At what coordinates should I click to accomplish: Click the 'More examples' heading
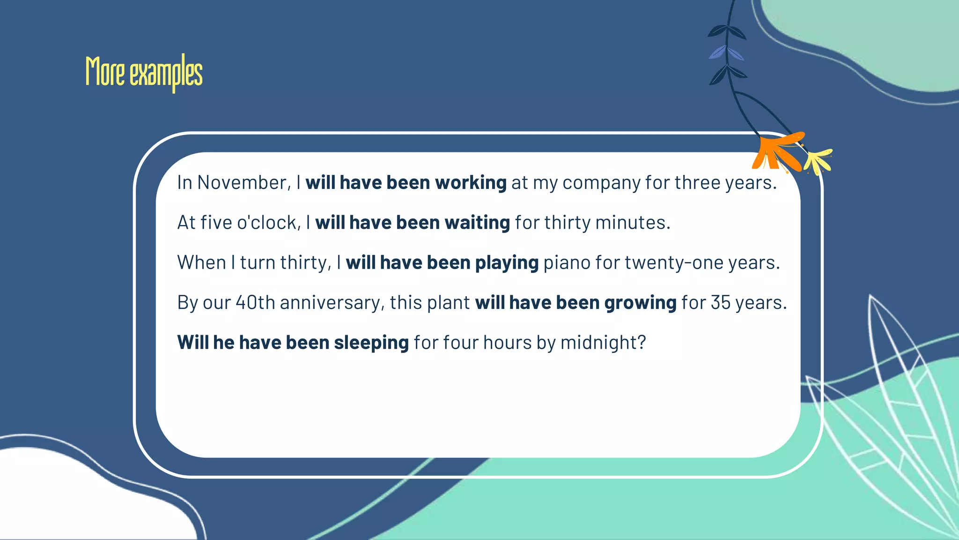pyautogui.click(x=144, y=73)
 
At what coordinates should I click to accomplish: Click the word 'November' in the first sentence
pyautogui.click(x=242, y=182)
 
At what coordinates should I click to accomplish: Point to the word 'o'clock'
pyautogui.click(x=266, y=223)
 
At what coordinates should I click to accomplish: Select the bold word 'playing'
pyautogui.click(x=507, y=263)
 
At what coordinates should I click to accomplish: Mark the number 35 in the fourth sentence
pyautogui.click(x=721, y=302)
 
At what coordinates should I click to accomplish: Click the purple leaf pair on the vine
pyautogui.click(x=726, y=52)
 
